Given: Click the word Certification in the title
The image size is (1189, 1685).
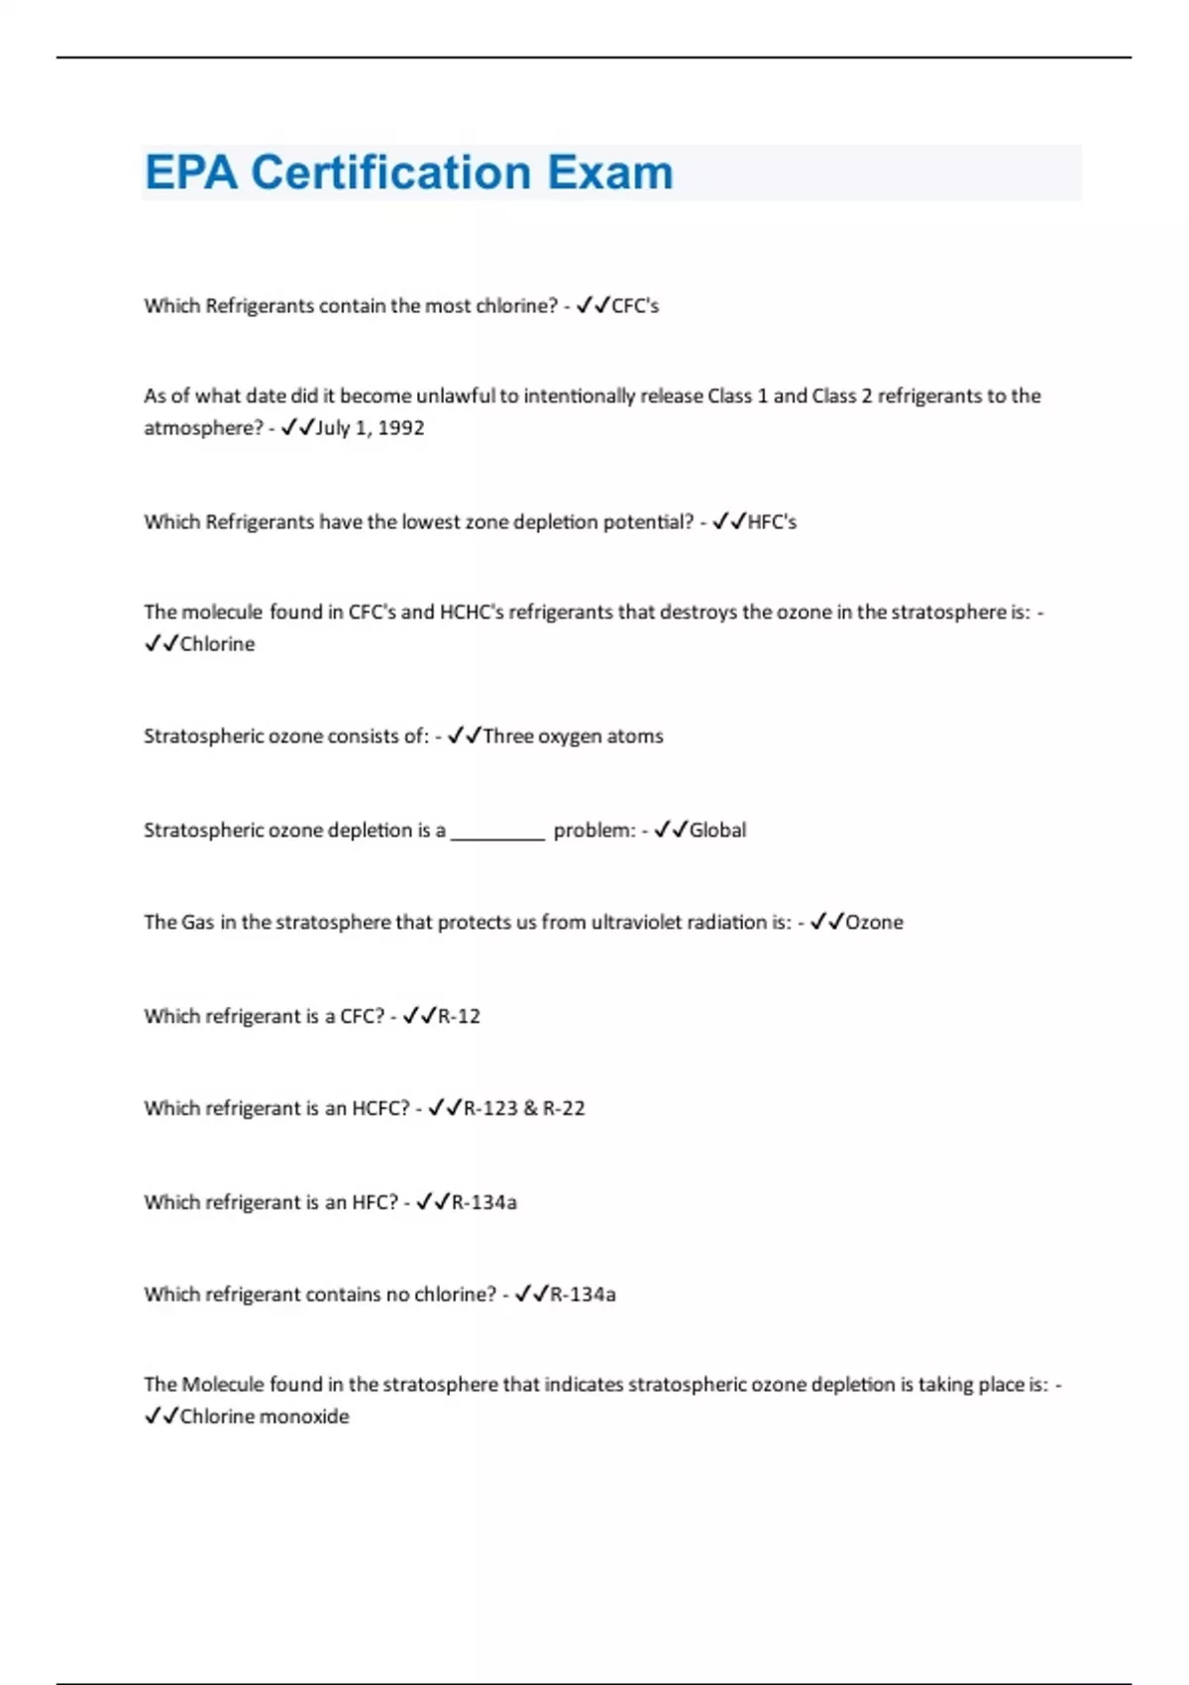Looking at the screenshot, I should click(391, 172).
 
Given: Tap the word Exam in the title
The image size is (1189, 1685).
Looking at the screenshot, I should click(610, 172).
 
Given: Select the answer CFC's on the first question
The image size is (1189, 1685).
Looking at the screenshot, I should click(635, 306).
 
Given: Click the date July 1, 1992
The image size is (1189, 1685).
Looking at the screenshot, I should click(370, 428).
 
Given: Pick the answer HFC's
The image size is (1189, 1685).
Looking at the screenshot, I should click(772, 522).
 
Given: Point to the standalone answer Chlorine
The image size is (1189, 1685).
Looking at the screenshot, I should click(217, 644).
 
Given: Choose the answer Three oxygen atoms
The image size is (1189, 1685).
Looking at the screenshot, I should click(573, 736).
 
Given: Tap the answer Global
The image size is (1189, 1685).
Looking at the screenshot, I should click(717, 831).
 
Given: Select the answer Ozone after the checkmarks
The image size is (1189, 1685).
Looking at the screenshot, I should click(874, 923).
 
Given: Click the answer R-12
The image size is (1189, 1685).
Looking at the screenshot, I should click(459, 1017).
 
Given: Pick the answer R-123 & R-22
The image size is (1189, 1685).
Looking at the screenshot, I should click(524, 1109).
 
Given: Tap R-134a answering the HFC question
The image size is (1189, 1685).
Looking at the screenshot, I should click(484, 1203).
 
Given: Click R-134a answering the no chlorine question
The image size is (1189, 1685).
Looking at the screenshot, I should click(583, 1295).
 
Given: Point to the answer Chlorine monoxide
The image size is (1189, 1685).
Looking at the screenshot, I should click(265, 1417).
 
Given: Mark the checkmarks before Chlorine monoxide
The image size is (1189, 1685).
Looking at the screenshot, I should click(161, 1416).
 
